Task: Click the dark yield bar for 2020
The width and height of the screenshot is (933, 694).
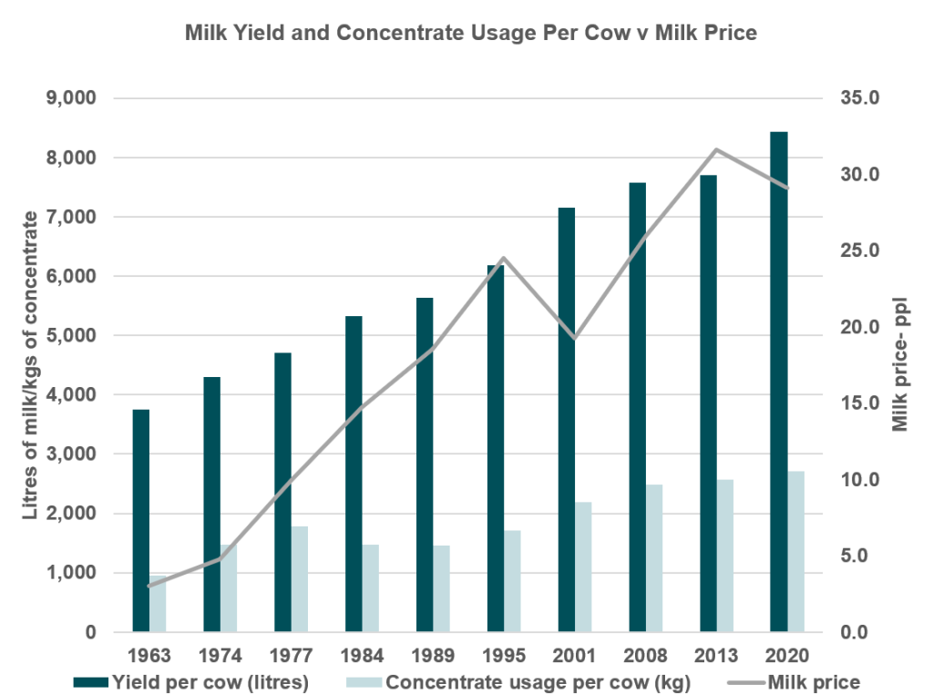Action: pos(778,382)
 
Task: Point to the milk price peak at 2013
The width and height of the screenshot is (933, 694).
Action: pos(716,149)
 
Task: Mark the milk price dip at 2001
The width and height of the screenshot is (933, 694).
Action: pos(574,338)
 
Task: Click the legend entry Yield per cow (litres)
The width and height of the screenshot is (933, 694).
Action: pos(210,680)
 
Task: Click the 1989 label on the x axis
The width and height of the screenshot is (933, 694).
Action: pos(433,654)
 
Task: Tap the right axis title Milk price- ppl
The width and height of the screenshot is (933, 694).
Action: pos(901,364)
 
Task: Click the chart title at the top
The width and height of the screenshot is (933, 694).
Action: pos(471,35)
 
